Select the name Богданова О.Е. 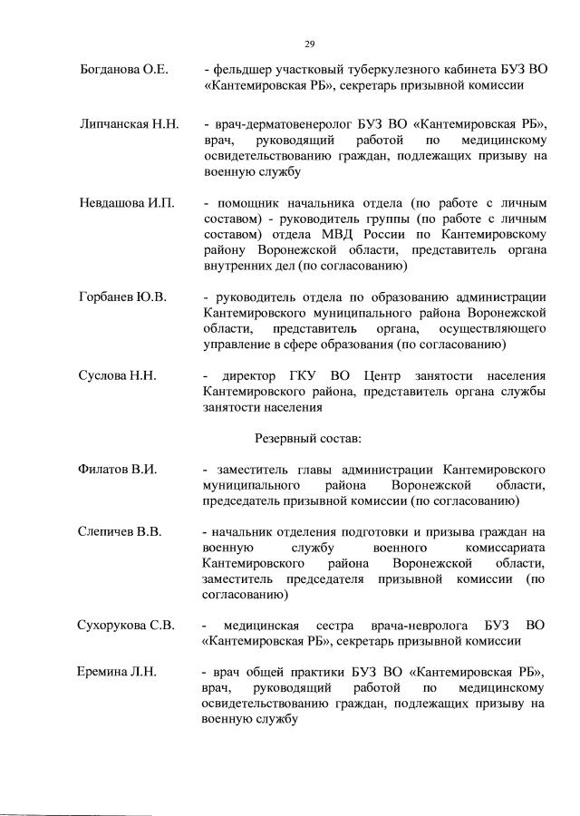(x=123, y=70)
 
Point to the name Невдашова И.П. (x=126, y=201)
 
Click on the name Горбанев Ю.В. (x=122, y=296)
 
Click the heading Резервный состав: (x=308, y=438)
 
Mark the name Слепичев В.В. (x=120, y=531)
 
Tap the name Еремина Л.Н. (x=118, y=672)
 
